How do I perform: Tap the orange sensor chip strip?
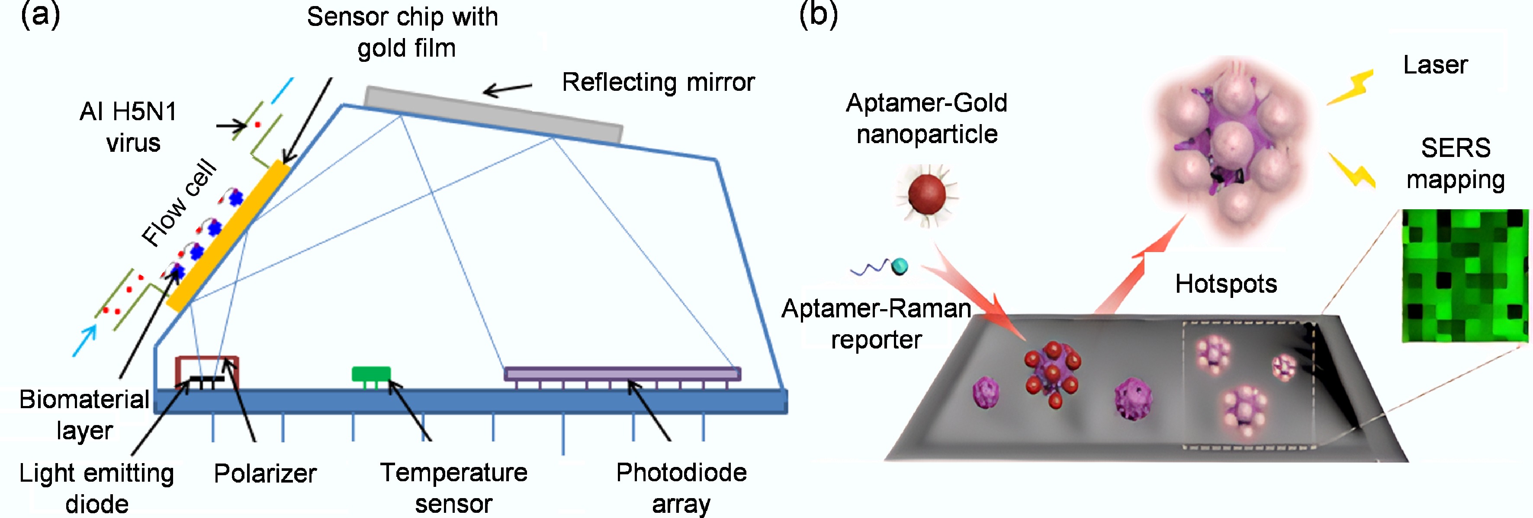tap(228, 235)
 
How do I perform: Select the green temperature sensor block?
tap(371, 374)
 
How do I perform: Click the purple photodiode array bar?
tap(623, 374)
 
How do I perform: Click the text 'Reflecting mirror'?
tap(658, 82)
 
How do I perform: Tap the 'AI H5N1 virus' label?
tap(129, 127)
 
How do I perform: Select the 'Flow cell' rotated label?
tap(179, 202)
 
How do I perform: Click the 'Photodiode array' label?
tap(681, 488)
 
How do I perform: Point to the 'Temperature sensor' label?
tap(453, 488)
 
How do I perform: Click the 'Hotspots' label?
tap(1226, 284)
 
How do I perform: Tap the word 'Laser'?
tap(1435, 65)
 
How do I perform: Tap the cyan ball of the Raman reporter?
tap(900, 266)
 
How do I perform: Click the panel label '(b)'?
tap(818, 14)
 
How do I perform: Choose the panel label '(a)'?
tap(41, 14)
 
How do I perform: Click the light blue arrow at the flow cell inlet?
tap(84, 340)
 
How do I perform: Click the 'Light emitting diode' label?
tap(96, 488)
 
